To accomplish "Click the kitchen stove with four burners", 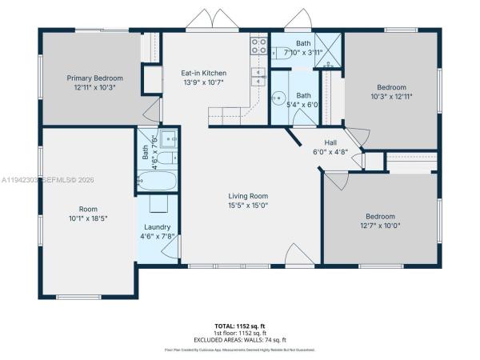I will (258, 46).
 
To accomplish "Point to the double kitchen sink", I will (258, 76).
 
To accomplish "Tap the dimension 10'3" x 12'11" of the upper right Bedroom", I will (392, 96).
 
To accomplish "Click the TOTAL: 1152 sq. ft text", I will (239, 326).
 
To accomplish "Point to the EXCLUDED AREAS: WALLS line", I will (239, 341).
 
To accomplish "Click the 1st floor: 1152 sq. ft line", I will (239, 334).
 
